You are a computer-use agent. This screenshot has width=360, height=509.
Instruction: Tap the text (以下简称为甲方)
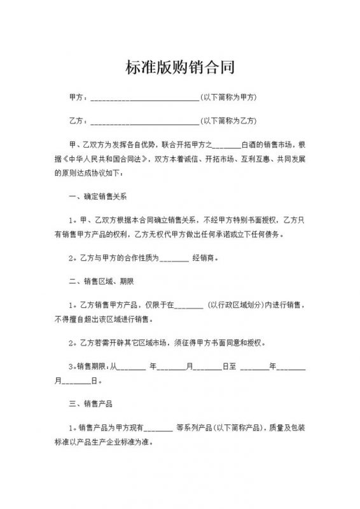pyautogui.click(x=228, y=97)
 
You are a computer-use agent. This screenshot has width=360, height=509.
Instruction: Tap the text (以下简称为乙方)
pyautogui.click(x=228, y=120)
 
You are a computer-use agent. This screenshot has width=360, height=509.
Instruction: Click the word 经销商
pyautogui.click(x=204, y=258)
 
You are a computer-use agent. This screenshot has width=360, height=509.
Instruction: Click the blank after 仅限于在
pyautogui.click(x=188, y=306)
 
